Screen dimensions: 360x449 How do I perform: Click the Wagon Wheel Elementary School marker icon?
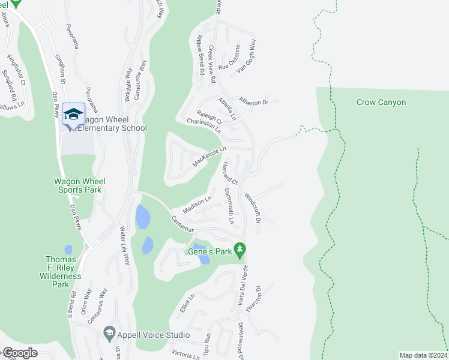click(x=73, y=114)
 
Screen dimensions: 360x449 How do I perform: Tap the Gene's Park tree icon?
click(x=240, y=248)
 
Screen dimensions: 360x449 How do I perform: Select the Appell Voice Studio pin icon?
click(x=109, y=332)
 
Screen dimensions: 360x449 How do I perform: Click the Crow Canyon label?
click(x=381, y=103)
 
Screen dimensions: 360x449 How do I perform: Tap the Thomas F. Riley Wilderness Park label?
click(x=63, y=272)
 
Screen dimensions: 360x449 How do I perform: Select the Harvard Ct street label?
click(x=230, y=173)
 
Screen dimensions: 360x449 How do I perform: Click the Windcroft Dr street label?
click(x=253, y=208)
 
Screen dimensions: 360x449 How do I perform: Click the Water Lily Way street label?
click(x=125, y=245)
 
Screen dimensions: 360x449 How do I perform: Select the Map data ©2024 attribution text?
click(x=423, y=355)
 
